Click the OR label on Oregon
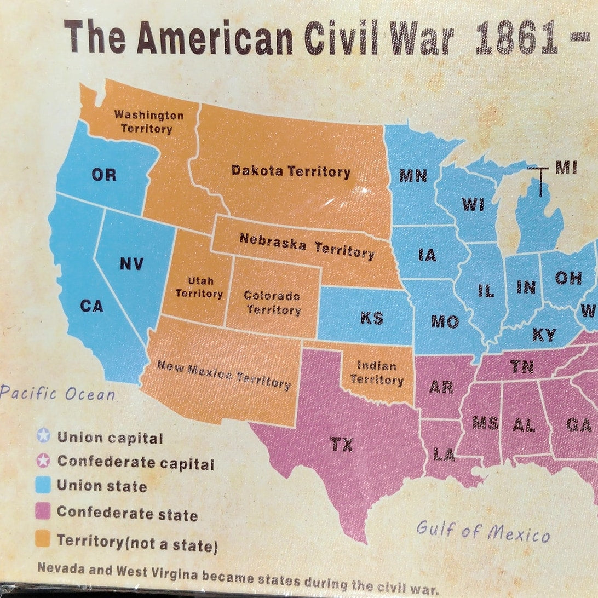(104, 175)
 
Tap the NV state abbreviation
(131, 264)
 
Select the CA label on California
(91, 306)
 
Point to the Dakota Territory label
(291, 171)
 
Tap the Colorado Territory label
(272, 303)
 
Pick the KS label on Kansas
(372, 318)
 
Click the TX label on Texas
(342, 445)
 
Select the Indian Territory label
(377, 372)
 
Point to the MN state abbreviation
(413, 175)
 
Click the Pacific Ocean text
(58, 394)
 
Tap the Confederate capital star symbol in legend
(43, 461)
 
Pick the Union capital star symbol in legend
(43, 436)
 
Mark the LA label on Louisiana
(444, 454)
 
